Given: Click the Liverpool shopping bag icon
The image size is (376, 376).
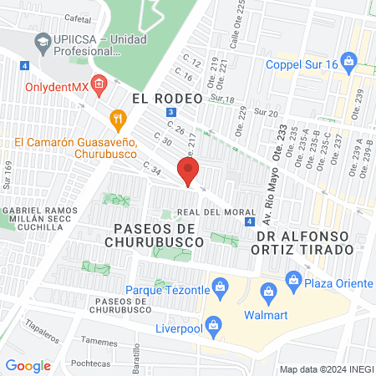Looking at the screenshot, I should (214, 324).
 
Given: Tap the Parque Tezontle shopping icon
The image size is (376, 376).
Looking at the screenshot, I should (221, 290).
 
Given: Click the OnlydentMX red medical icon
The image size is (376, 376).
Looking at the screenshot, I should (99, 84).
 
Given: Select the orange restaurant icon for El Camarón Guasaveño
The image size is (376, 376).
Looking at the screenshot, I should (119, 119).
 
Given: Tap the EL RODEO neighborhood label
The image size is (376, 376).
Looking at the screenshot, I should (167, 98).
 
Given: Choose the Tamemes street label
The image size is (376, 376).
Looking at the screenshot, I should (99, 341).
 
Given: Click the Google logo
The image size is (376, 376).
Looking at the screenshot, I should (28, 365).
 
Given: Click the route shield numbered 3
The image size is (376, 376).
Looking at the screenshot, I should (170, 111).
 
